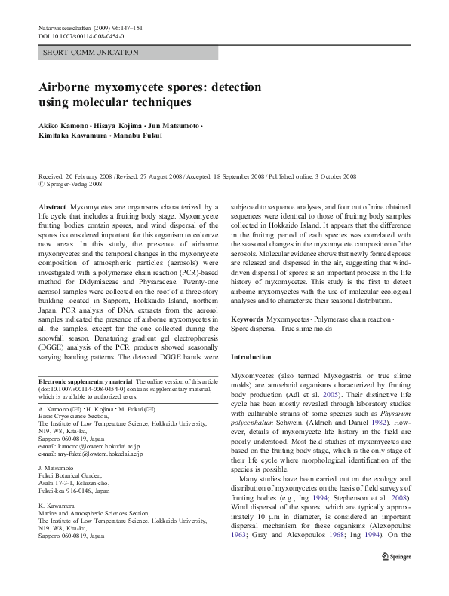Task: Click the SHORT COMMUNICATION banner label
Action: [x=91, y=52]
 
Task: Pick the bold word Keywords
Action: [x=248, y=319]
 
